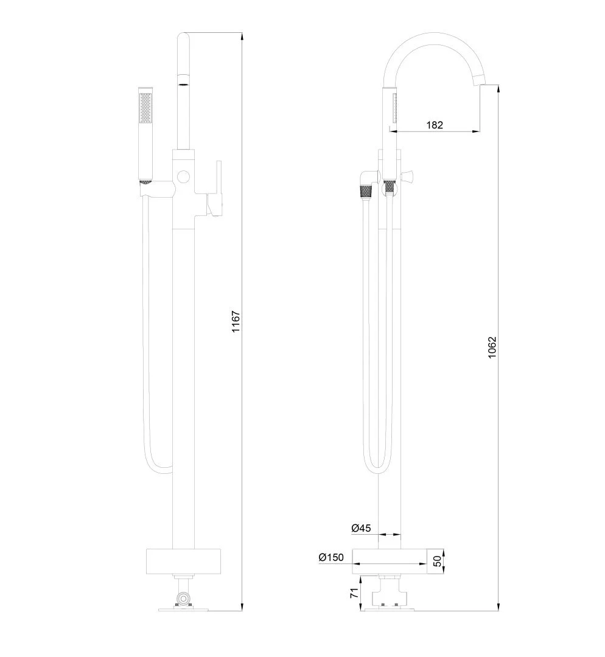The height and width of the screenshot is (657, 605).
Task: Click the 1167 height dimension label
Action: point(236,321)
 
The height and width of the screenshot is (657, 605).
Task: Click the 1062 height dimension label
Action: point(492,347)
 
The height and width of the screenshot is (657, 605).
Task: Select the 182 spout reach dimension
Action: point(435,125)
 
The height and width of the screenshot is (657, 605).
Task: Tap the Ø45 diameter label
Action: point(361,529)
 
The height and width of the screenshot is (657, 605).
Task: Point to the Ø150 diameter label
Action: point(331,557)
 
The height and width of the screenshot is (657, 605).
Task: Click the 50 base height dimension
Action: point(437,561)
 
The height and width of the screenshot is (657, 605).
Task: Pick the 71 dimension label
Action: point(354,593)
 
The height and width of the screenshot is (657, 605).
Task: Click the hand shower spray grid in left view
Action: point(145,108)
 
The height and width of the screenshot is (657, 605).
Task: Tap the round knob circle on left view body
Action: point(183,176)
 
